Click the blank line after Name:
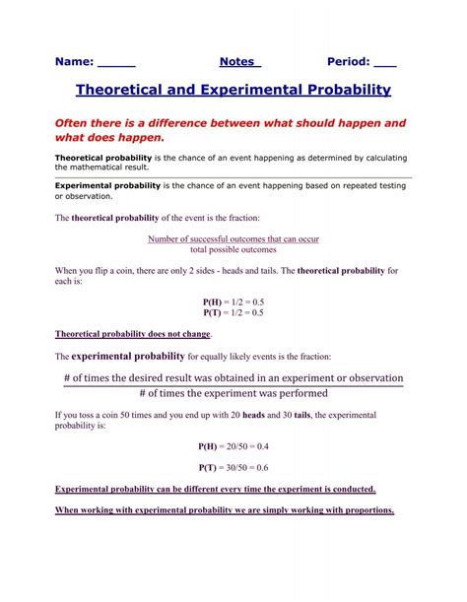(117, 61)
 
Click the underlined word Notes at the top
(239, 61)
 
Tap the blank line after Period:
(385, 61)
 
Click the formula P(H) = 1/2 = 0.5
(233, 301)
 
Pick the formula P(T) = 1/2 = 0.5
(233, 312)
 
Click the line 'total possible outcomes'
(233, 250)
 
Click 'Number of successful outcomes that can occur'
(233, 239)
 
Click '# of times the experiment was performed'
(233, 394)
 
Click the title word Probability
(342, 90)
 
